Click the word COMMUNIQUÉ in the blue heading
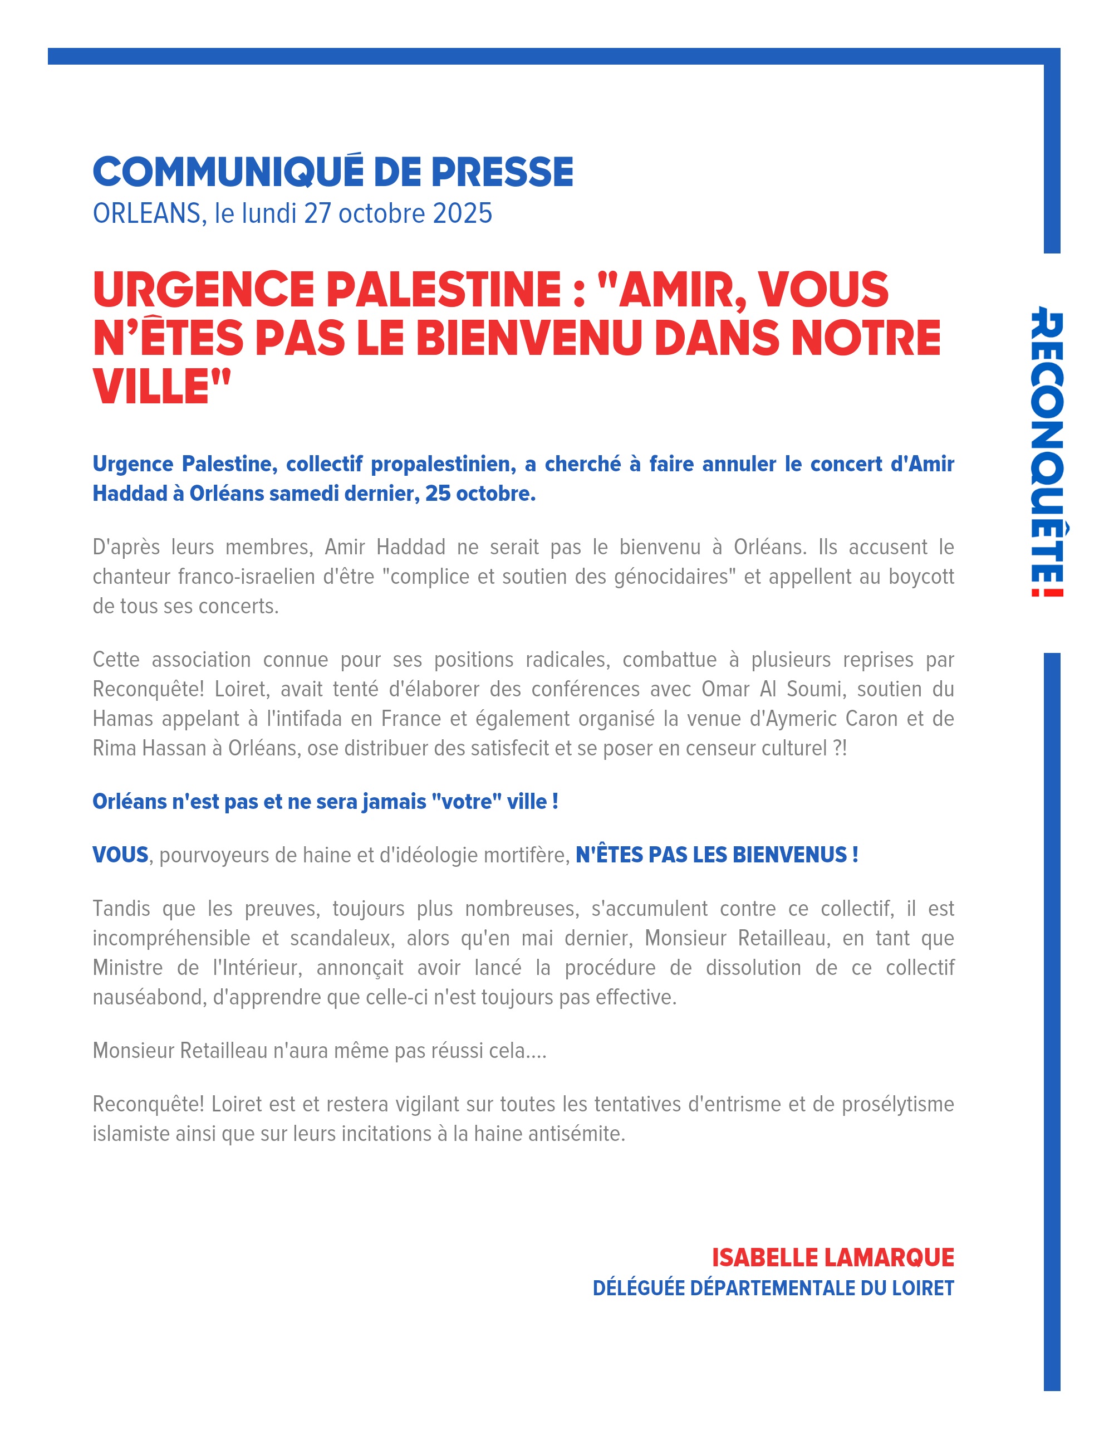tap(228, 173)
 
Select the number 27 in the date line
tap(317, 214)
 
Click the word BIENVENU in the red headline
tap(529, 339)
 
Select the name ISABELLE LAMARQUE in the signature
tap(832, 1258)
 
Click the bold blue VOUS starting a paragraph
tap(120, 855)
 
